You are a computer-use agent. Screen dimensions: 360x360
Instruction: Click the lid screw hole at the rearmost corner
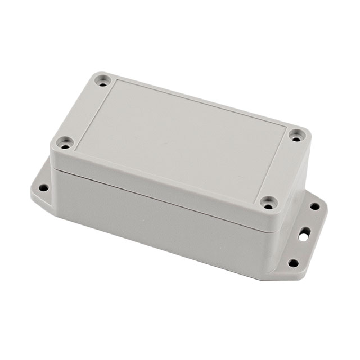tap(102, 81)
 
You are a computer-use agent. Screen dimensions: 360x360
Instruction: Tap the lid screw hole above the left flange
tap(66, 142)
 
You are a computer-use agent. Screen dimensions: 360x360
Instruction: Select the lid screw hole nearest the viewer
tap(269, 202)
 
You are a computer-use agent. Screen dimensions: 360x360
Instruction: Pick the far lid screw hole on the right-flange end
tap(296, 135)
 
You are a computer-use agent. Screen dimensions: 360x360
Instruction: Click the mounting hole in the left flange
tap(43, 187)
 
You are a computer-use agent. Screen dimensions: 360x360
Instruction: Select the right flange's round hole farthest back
tap(314, 206)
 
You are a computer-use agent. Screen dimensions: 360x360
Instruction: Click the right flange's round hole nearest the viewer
tap(293, 262)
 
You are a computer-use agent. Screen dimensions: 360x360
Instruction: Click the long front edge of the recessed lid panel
tap(169, 174)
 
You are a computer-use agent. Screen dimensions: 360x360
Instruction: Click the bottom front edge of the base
tap(163, 248)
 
